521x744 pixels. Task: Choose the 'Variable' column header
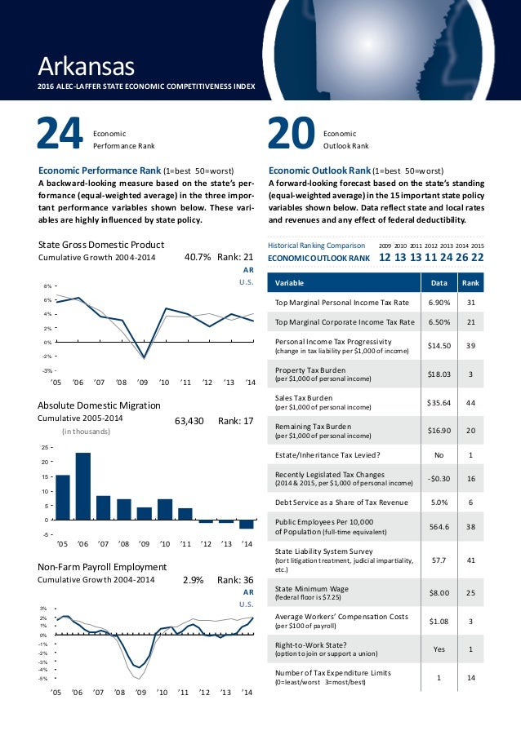pyautogui.click(x=291, y=283)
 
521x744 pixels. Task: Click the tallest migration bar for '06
pyautogui.click(x=83, y=486)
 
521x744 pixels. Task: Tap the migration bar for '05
pyautogui.click(x=63, y=497)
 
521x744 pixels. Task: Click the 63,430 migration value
pyautogui.click(x=189, y=422)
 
